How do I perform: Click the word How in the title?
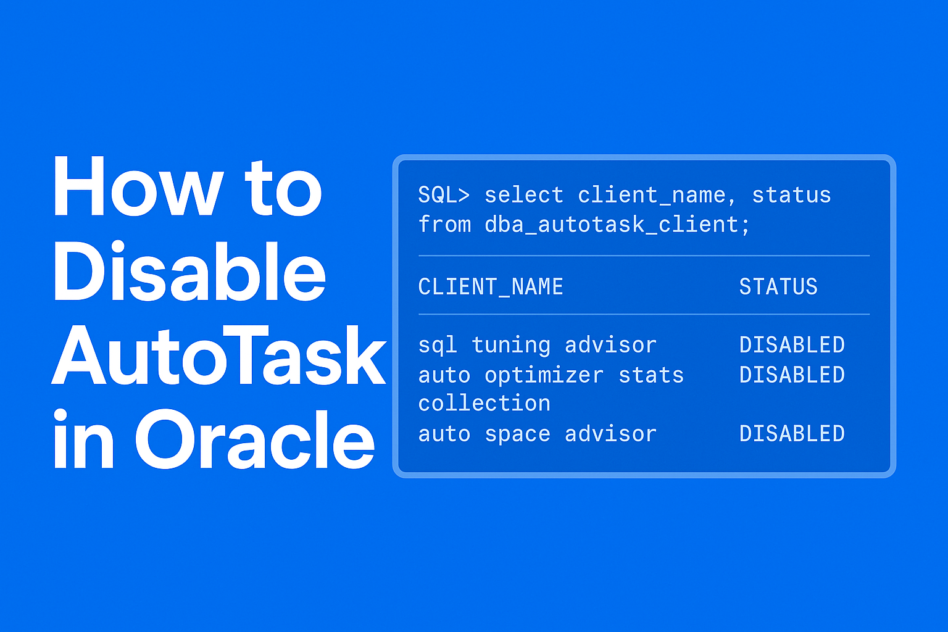pyautogui.click(x=136, y=187)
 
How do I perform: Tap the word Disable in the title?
pyautogui.click(x=189, y=272)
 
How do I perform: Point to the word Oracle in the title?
pyautogui.click(x=254, y=439)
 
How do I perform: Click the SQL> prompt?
pyautogui.click(x=444, y=195)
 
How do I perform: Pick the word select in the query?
pyautogui.click(x=524, y=195)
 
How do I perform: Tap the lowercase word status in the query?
pyautogui.click(x=791, y=195)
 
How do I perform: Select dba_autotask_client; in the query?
pyautogui.click(x=617, y=225)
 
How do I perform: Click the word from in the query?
pyautogui.click(x=444, y=225)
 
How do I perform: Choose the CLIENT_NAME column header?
pyautogui.click(x=491, y=286)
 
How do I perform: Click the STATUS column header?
pyautogui.click(x=778, y=286)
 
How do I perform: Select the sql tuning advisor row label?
pyautogui.click(x=537, y=345)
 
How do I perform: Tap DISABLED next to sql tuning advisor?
pyautogui.click(x=792, y=345)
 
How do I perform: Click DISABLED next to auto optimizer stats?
pyautogui.click(x=792, y=375)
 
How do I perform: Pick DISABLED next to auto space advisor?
pyautogui.click(x=792, y=434)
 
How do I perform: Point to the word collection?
pyautogui.click(x=484, y=404)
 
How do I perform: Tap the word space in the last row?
pyautogui.click(x=517, y=434)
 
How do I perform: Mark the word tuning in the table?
pyautogui.click(x=510, y=345)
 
